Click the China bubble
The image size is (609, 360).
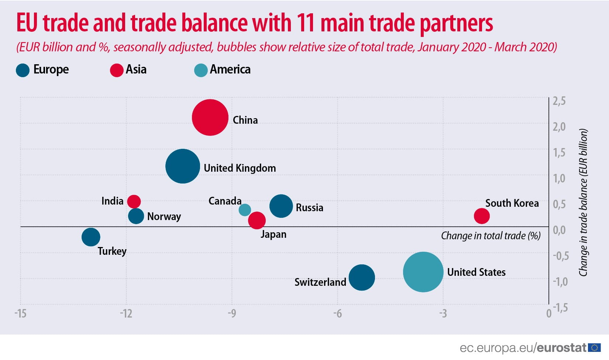210,118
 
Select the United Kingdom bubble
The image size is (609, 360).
183,166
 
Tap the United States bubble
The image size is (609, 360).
423,272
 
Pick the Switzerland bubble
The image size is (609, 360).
362,277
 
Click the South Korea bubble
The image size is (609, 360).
482,216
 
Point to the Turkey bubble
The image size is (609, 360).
91,237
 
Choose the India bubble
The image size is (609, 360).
134,201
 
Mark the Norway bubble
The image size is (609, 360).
136,216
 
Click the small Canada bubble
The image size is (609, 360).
245,210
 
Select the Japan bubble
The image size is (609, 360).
257,220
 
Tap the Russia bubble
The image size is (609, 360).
281,206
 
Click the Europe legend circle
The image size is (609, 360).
23,70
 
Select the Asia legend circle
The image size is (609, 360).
117,70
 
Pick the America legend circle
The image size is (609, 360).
201,70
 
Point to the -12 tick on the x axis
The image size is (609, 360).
126,314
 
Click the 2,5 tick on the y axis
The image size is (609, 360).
559,101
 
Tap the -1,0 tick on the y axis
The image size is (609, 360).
560,282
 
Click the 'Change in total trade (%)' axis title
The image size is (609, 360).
491,236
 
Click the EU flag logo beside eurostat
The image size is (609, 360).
594,347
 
